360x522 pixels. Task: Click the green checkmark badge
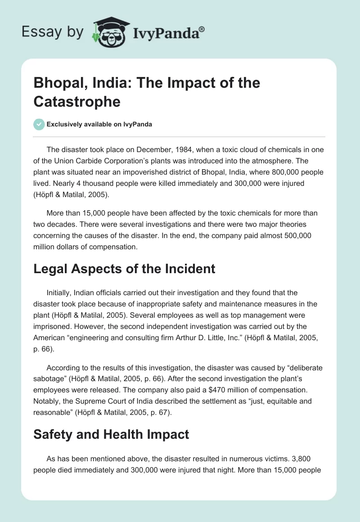(x=39, y=124)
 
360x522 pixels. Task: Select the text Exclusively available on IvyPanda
(x=100, y=125)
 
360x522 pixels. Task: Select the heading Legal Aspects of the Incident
(x=124, y=269)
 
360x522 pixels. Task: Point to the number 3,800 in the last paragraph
(x=313, y=459)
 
